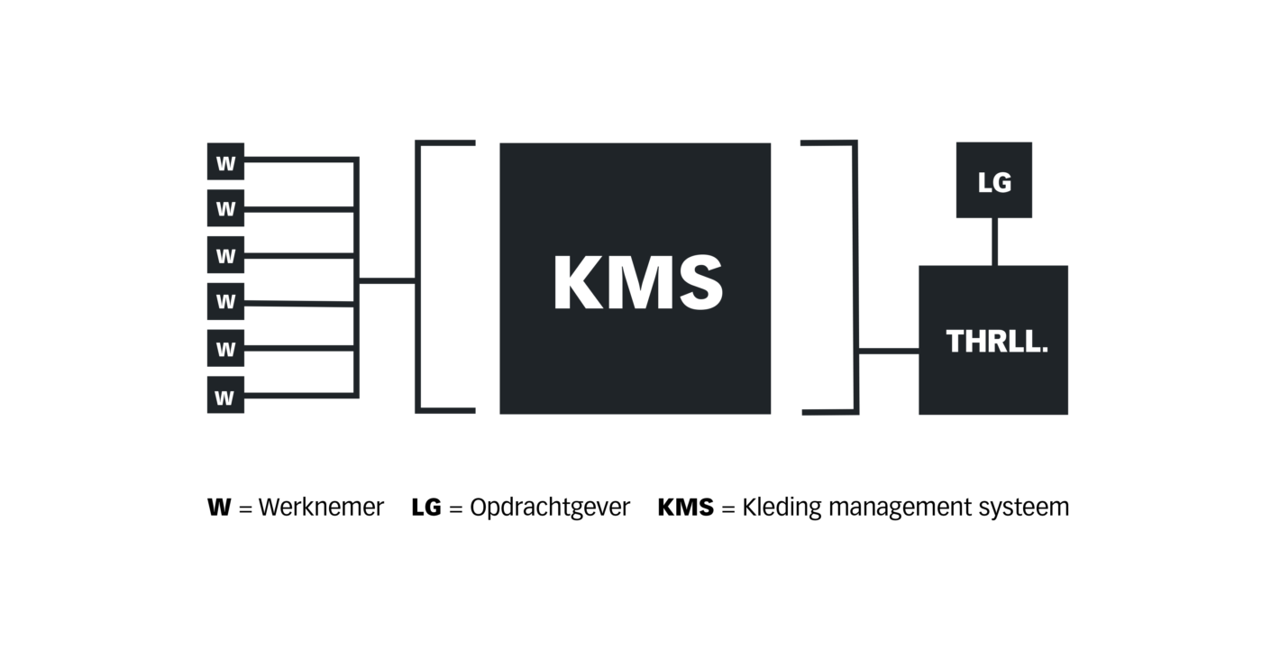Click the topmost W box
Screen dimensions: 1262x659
pyautogui.click(x=225, y=161)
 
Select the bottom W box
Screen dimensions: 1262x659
pyautogui.click(x=225, y=395)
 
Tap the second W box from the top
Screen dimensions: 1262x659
pyautogui.click(x=225, y=208)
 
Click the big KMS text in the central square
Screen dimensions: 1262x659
pyautogui.click(x=638, y=282)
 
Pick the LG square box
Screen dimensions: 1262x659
pyautogui.click(x=993, y=179)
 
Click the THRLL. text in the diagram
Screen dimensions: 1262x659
pyautogui.click(x=997, y=342)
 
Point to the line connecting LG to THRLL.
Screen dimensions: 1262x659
pyautogui.click(x=994, y=242)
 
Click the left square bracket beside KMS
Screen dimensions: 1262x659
pyautogui.click(x=418, y=277)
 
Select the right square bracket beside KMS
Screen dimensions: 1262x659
pyautogui.click(x=855, y=277)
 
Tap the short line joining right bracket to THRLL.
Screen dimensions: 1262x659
pyautogui.click(x=889, y=351)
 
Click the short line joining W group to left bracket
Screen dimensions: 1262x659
pyautogui.click(x=387, y=280)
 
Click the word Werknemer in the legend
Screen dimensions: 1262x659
pyautogui.click(x=321, y=507)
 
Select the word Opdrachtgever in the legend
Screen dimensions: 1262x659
pyautogui.click(x=550, y=507)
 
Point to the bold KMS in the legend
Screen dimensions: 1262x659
pyautogui.click(x=686, y=507)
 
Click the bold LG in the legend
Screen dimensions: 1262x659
pyautogui.click(x=426, y=507)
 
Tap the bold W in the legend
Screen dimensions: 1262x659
pyautogui.click(x=219, y=507)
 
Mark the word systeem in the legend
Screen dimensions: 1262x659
pyautogui.click(x=1024, y=508)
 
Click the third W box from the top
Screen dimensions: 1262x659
pyautogui.click(x=225, y=254)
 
